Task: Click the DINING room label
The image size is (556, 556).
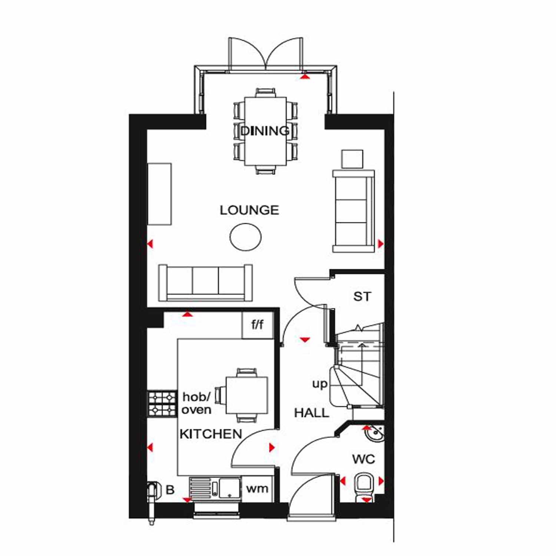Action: point(265,130)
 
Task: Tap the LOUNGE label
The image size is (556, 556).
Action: point(249,210)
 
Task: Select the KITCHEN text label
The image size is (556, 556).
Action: point(211,434)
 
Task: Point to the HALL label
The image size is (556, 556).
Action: point(311,413)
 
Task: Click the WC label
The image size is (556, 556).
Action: point(364,459)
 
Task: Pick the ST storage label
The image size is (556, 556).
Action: point(362,297)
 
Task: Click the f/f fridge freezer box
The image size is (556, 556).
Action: point(258,325)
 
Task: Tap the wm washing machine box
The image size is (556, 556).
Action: point(257,489)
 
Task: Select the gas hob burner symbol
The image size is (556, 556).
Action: point(162,404)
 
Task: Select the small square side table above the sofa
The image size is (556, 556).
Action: point(352,159)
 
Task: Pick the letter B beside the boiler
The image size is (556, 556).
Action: point(170,490)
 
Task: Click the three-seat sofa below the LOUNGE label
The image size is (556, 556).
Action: point(206,282)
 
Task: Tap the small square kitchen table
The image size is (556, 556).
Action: point(247,395)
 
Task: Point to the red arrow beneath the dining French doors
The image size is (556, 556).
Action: point(305,76)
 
